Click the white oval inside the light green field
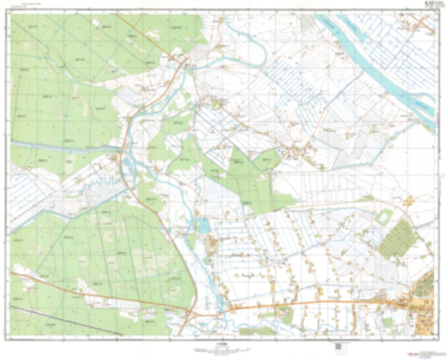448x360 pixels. pos(384,216)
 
